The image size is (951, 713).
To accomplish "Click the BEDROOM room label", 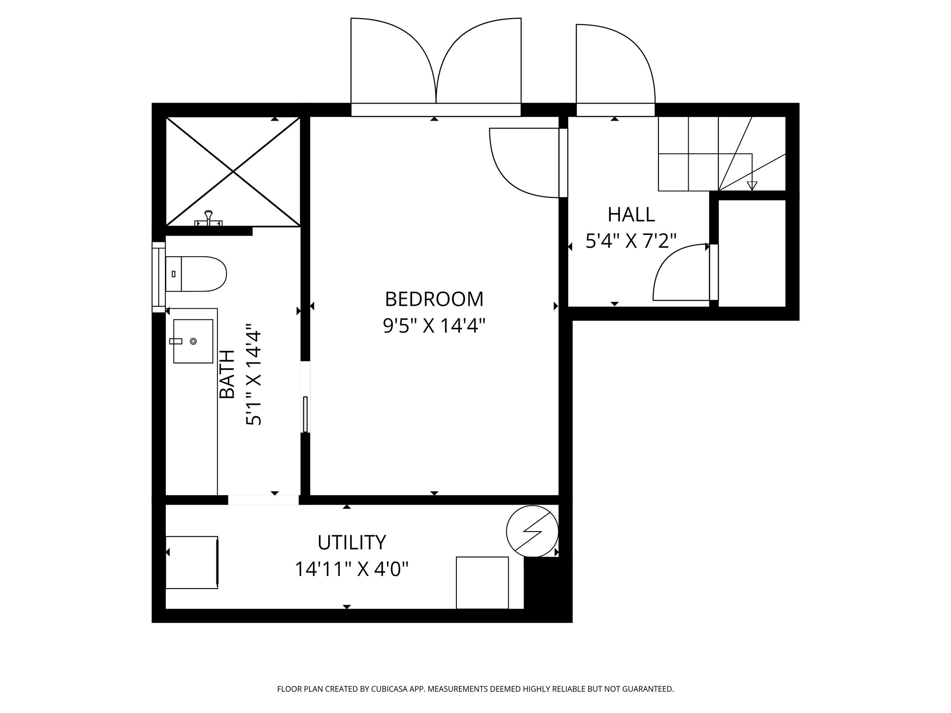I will [434, 299].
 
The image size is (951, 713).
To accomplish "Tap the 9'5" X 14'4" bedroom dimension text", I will [434, 326].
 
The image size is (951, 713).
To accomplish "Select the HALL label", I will [631, 214].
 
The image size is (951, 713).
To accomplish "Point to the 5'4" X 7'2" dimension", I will [631, 241].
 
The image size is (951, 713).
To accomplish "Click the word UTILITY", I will [352, 542].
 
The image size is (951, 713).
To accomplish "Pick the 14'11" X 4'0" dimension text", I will [352, 569].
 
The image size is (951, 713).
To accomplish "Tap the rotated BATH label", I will [227, 374].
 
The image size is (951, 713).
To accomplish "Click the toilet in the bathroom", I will [197, 274].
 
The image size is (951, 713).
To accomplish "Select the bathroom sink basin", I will [193, 341].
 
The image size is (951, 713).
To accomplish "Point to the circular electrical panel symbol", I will [532, 531].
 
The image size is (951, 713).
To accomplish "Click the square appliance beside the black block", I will [482, 583].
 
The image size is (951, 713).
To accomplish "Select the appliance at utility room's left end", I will [192, 562].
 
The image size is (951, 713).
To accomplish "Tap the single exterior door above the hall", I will [615, 65].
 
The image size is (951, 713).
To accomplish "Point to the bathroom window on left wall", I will [159, 277].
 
